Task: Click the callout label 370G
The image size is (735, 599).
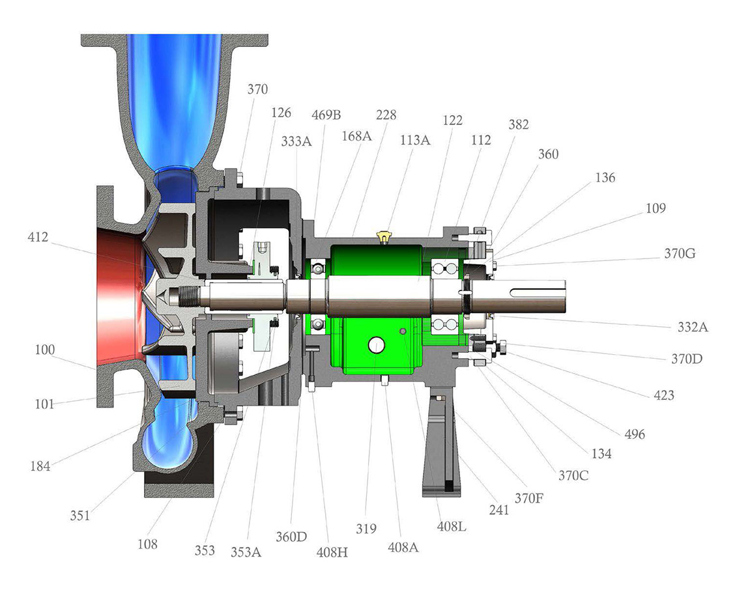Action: (680, 254)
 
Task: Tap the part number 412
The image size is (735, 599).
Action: (38, 237)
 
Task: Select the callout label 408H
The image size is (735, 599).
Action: (332, 553)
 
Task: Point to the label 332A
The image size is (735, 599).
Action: (693, 327)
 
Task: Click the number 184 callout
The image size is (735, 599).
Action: (40, 466)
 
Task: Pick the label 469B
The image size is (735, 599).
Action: (326, 115)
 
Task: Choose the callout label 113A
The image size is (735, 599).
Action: (415, 140)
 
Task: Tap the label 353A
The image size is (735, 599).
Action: (246, 553)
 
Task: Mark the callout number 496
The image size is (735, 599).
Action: (635, 434)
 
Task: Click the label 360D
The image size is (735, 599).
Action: (291, 536)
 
